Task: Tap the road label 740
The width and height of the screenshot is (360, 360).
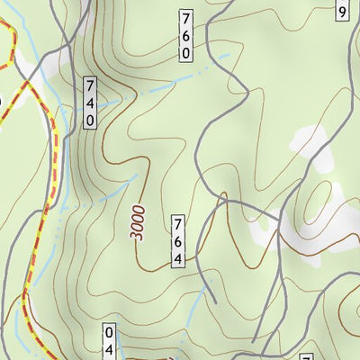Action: pyautogui.click(x=90, y=103)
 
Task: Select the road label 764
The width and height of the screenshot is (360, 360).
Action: pyautogui.click(x=178, y=239)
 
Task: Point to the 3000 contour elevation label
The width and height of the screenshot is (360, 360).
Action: pyautogui.click(x=138, y=220)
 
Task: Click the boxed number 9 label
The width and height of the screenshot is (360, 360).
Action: pyautogui.click(x=342, y=11)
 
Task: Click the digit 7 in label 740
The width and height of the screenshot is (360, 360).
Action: pyautogui.click(x=90, y=86)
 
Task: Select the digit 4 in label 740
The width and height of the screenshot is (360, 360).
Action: pyautogui.click(x=90, y=103)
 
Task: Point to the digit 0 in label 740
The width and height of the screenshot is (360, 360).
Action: pyautogui.click(x=90, y=119)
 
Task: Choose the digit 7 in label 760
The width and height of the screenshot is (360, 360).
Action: pyautogui.click(x=185, y=18)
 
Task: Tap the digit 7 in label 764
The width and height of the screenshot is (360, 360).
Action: pyautogui.click(x=178, y=223)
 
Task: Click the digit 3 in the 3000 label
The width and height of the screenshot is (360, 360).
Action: pyautogui.click(x=134, y=236)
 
